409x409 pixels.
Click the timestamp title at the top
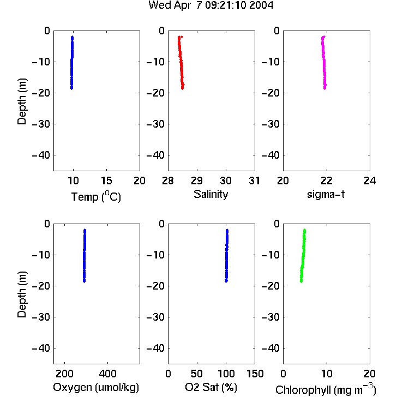click(210, 5)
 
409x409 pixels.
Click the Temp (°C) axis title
click(96, 197)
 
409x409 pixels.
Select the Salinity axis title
click(210, 194)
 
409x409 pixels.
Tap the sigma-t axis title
click(326, 194)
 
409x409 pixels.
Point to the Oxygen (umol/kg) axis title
click(96, 387)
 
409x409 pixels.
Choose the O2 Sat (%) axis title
click(211, 387)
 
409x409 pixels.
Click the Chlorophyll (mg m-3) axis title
click(326, 389)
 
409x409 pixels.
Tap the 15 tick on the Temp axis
click(106, 181)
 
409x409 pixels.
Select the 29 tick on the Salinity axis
click(197, 181)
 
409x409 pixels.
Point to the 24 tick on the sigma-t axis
click(370, 181)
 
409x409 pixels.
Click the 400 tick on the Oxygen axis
click(107, 374)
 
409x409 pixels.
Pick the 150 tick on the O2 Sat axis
click(255, 374)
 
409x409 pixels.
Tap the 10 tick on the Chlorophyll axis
click(327, 374)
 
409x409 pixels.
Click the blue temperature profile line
click(72, 63)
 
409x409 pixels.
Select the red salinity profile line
click(181, 63)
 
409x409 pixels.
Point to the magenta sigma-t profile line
click(324, 63)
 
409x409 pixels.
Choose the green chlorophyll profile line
click(303, 256)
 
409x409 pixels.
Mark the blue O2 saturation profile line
click(227, 256)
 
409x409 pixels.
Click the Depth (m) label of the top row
click(22, 101)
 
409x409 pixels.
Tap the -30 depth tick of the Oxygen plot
click(41, 317)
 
